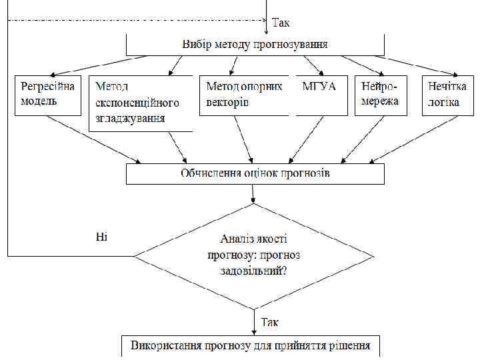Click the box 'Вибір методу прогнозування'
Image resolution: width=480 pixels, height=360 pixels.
(x=255, y=45)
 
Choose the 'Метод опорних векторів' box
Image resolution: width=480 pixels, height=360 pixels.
(x=245, y=95)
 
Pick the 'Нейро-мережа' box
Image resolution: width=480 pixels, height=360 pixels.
(x=381, y=95)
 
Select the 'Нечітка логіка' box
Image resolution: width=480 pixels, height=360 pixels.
(x=449, y=95)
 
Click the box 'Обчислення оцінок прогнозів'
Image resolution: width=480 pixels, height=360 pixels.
(x=255, y=173)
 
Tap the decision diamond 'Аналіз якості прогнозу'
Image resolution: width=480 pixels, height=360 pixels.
(x=253, y=255)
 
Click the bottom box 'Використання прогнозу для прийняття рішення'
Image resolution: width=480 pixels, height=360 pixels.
(x=250, y=347)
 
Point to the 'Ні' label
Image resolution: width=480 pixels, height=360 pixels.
(x=101, y=237)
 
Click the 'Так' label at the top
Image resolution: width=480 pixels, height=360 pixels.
(x=281, y=23)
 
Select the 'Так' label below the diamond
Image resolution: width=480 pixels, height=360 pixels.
(x=270, y=322)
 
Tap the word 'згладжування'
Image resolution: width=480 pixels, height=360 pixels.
(x=130, y=119)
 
